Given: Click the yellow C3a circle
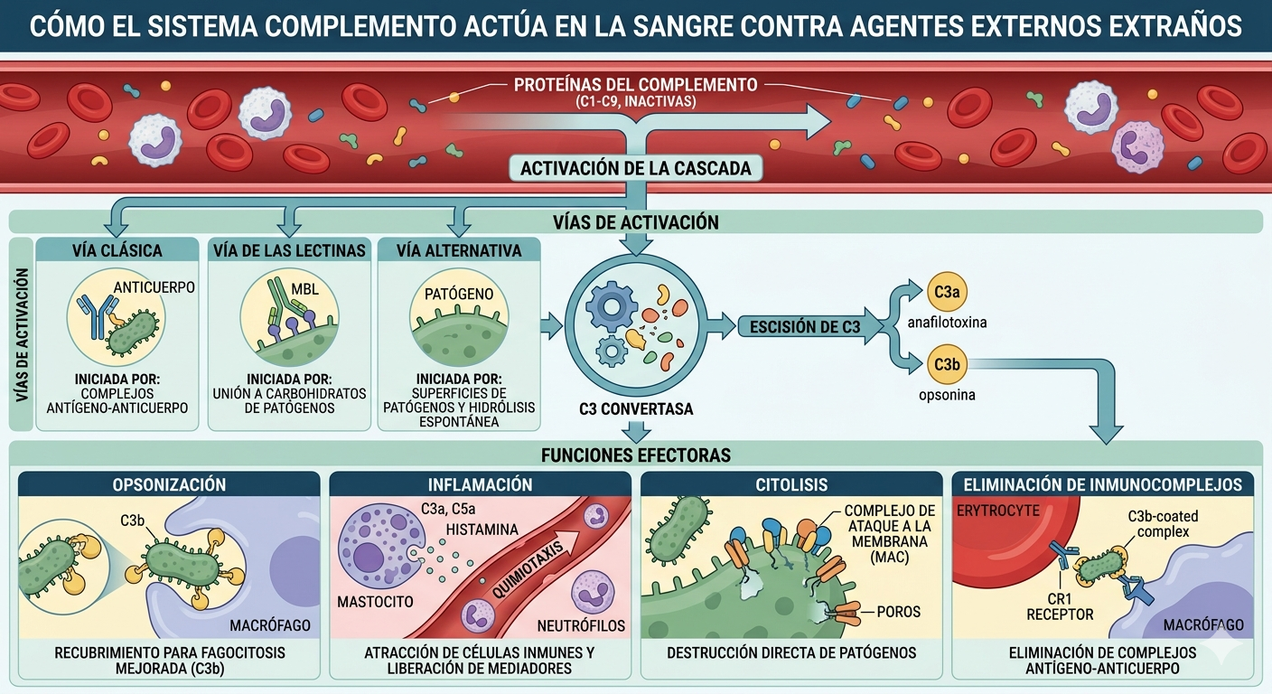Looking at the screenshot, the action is coord(947,292).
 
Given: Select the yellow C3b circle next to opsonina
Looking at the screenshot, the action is coord(947,364).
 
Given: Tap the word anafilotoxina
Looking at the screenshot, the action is coord(947,323).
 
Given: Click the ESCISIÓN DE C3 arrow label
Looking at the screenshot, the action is coord(805,326).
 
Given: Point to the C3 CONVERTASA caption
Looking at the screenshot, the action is coord(636,409).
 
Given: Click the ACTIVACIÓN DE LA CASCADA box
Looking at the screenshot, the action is coord(636,168).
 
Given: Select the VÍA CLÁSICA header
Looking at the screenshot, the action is coord(117,250).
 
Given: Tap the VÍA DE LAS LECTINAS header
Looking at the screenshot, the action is coord(289,250).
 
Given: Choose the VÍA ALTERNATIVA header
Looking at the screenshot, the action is coord(459,250).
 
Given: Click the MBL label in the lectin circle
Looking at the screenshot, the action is coord(305,289).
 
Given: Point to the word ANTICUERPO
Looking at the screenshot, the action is coord(154,287).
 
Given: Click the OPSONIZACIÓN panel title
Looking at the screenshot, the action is coord(169,484).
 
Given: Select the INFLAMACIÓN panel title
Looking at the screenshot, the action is coord(481,484).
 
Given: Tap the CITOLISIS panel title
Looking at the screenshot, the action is coord(791,484).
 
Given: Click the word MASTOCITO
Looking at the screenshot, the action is coord(375,602).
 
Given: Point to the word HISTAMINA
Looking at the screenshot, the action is coord(482,530).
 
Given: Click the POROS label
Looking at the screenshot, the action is coord(898,612).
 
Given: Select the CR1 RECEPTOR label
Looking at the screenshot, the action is coord(1060,606).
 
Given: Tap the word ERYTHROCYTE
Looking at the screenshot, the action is coord(997,511).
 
